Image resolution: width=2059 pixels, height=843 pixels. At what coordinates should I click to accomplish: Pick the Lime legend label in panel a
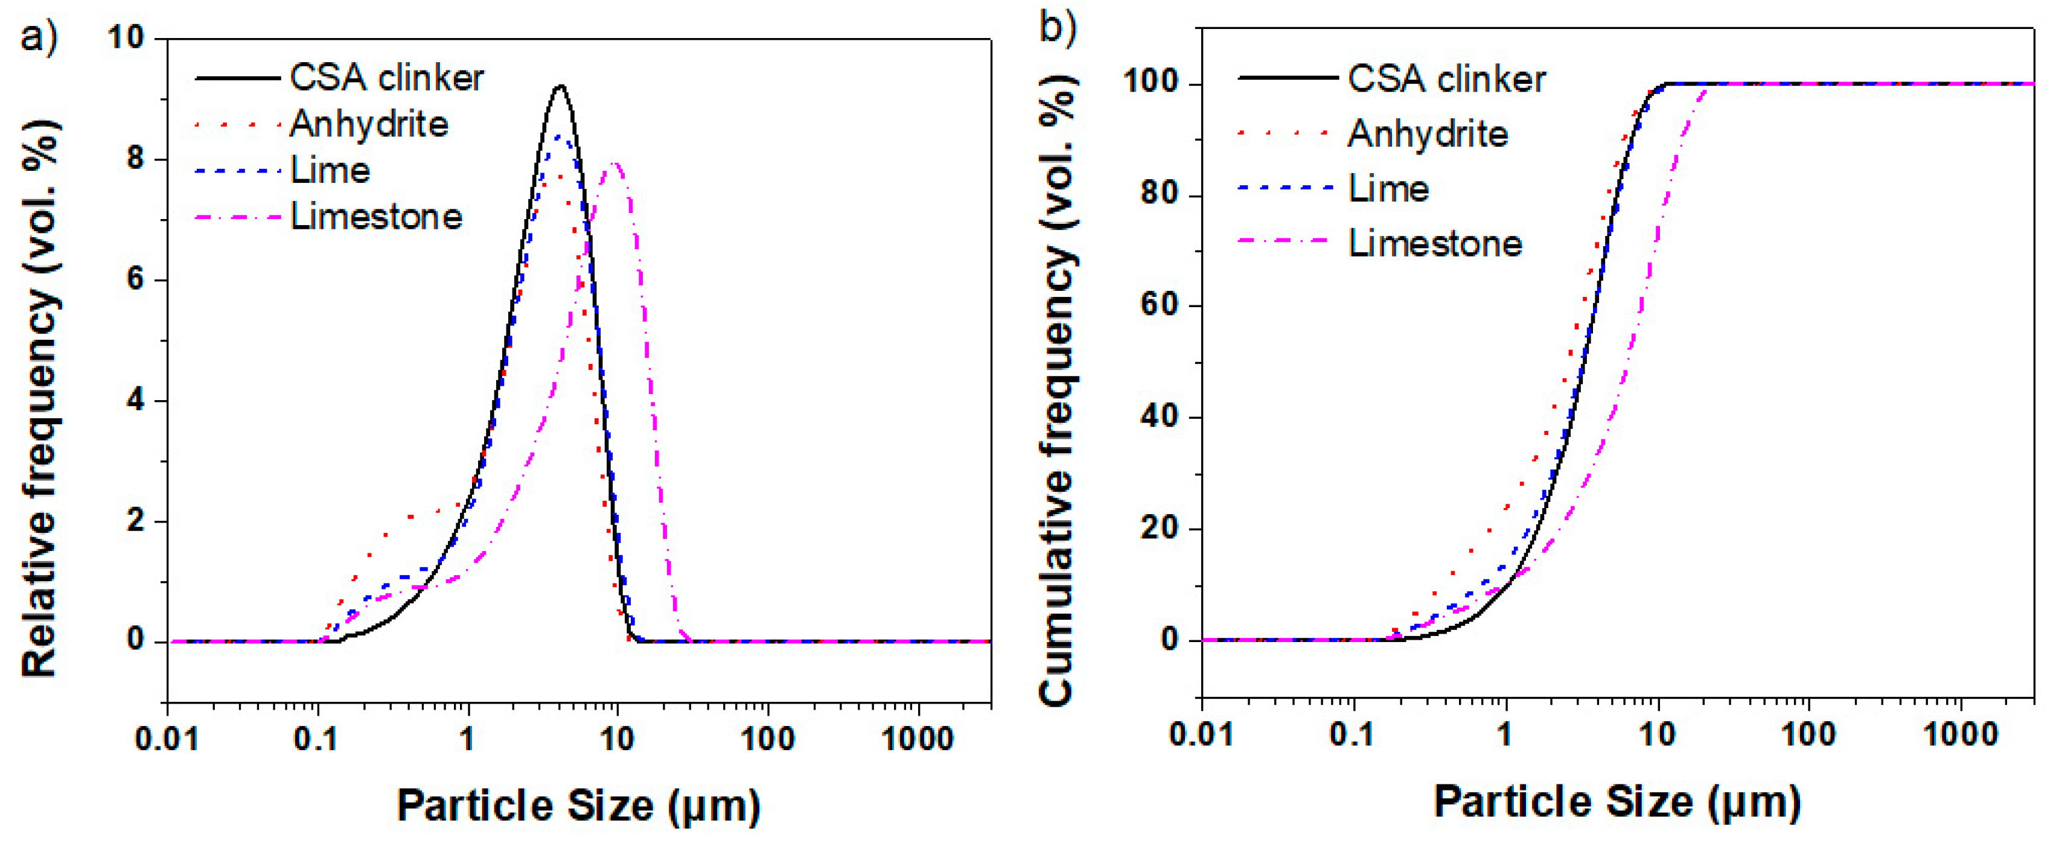tap(330, 171)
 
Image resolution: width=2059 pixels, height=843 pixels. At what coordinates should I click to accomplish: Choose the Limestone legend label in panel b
tap(1435, 244)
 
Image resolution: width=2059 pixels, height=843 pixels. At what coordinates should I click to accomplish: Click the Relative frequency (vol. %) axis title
tap(40, 399)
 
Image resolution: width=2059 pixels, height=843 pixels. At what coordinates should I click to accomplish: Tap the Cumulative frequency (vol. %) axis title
tap(1057, 392)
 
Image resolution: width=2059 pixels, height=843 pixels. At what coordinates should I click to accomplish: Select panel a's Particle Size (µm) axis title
tap(579, 806)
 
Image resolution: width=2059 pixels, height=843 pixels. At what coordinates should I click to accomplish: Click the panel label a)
tap(39, 37)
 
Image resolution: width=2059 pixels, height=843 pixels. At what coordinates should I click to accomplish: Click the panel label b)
tap(1057, 27)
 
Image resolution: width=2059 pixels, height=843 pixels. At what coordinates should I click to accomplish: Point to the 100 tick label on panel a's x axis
tap(767, 739)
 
